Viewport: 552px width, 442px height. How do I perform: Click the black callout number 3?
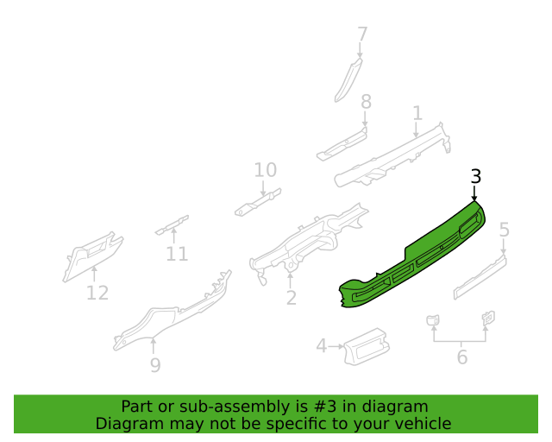point(476,176)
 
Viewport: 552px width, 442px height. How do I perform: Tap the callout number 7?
point(362,35)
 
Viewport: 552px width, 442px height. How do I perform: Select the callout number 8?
point(366,102)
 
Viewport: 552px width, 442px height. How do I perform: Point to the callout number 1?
point(417,113)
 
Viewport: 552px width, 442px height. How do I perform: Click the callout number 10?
point(266,170)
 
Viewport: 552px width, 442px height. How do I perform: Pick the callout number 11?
point(177,254)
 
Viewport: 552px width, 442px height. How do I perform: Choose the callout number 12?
point(97,293)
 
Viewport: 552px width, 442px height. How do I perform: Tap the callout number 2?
point(292,298)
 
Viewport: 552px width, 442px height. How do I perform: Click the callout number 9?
point(155,365)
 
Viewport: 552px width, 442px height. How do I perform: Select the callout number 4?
point(322,346)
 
